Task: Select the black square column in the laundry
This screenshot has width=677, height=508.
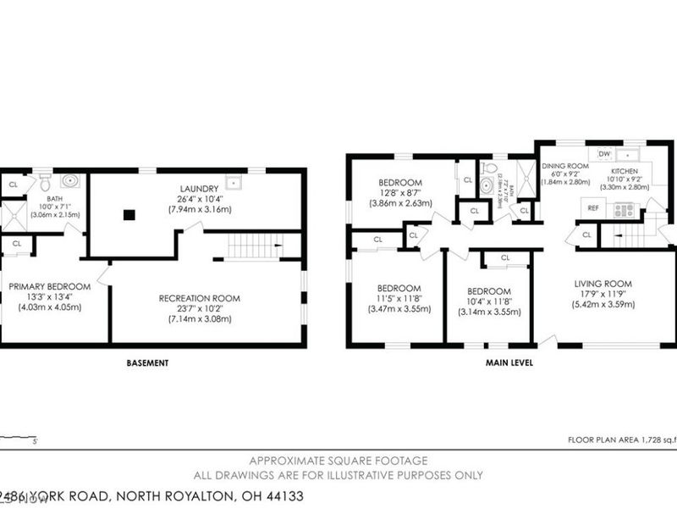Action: coord(128,215)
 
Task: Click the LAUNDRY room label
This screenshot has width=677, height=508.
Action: coord(200,188)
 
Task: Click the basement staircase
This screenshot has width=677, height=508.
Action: coord(255,247)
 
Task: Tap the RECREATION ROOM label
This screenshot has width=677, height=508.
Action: coord(200,298)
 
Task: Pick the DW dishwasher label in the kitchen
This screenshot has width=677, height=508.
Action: coord(604,153)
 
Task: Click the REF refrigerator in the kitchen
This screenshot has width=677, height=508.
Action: coord(593,207)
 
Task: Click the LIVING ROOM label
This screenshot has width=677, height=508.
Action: coord(604,284)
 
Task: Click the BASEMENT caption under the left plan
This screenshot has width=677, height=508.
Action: coord(147,363)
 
